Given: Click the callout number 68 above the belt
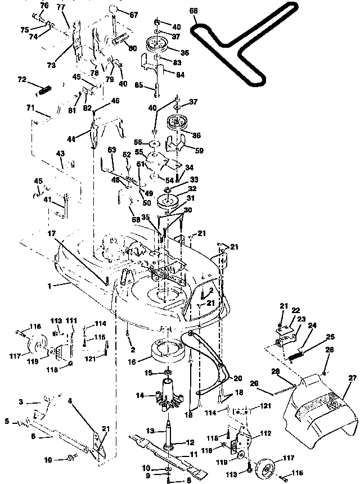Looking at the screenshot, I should click(194, 11).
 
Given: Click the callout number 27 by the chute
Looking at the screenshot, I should click(353, 378).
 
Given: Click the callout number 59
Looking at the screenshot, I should click(198, 150).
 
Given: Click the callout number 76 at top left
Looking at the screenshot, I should click(45, 5).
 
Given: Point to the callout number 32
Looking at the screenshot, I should click(191, 189).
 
